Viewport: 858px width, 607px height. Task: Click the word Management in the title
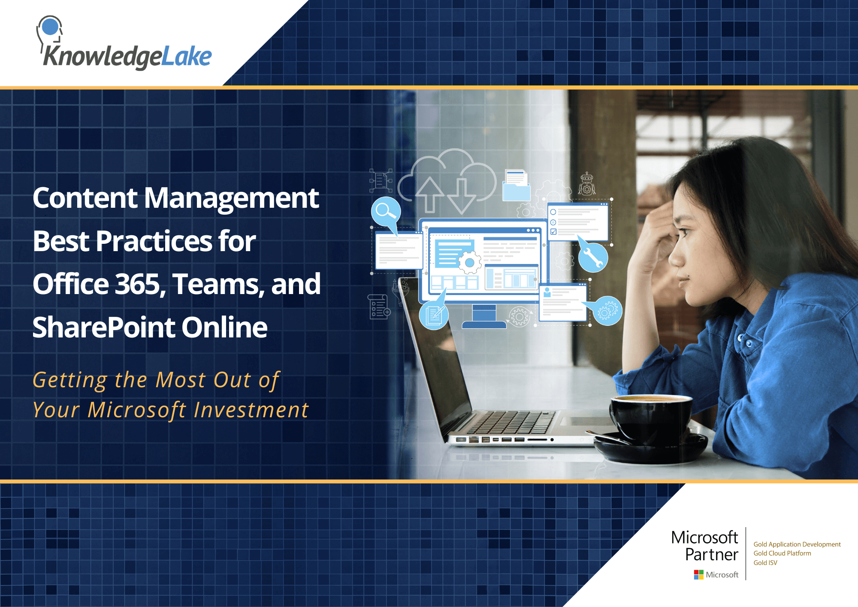click(231, 198)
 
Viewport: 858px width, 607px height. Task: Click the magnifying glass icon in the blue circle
click(386, 211)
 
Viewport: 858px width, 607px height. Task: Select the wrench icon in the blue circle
click(593, 258)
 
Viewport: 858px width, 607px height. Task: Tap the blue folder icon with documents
click(516, 185)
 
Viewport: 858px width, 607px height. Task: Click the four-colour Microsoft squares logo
click(698, 574)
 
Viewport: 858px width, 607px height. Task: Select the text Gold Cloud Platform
click(782, 553)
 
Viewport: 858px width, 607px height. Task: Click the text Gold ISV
click(765, 563)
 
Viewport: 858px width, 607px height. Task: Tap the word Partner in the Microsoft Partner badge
click(711, 555)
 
